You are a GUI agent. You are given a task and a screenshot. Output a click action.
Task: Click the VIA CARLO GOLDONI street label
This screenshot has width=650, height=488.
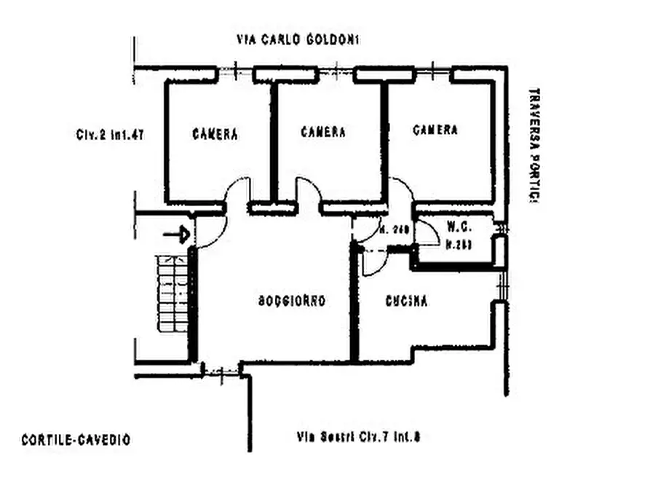coord(298,39)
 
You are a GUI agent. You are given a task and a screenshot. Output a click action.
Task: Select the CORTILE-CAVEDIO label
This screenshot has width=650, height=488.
coord(76,439)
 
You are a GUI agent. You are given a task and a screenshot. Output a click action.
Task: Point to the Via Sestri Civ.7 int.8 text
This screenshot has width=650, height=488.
coord(359,438)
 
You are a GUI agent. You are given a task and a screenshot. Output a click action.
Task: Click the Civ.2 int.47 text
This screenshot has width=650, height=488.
coord(108,135)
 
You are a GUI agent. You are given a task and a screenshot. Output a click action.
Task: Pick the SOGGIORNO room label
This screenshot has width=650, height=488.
coord(291,301)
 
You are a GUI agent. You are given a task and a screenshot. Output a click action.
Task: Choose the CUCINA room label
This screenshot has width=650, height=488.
coord(406,301)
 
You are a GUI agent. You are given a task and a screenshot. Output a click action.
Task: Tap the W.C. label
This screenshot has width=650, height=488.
coord(457,225)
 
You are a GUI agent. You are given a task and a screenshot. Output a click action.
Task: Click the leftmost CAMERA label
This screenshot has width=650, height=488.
coord(215,134)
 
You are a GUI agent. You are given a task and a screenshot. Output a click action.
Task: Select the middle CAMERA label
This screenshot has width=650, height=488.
coord(323,132)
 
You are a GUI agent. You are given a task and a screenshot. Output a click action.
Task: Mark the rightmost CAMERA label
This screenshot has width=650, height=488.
coord(435,130)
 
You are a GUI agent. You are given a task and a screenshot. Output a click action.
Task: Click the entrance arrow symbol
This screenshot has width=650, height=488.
coord(176,235)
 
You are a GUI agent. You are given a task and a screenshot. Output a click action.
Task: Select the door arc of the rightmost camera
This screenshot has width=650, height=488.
coord(403,191)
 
